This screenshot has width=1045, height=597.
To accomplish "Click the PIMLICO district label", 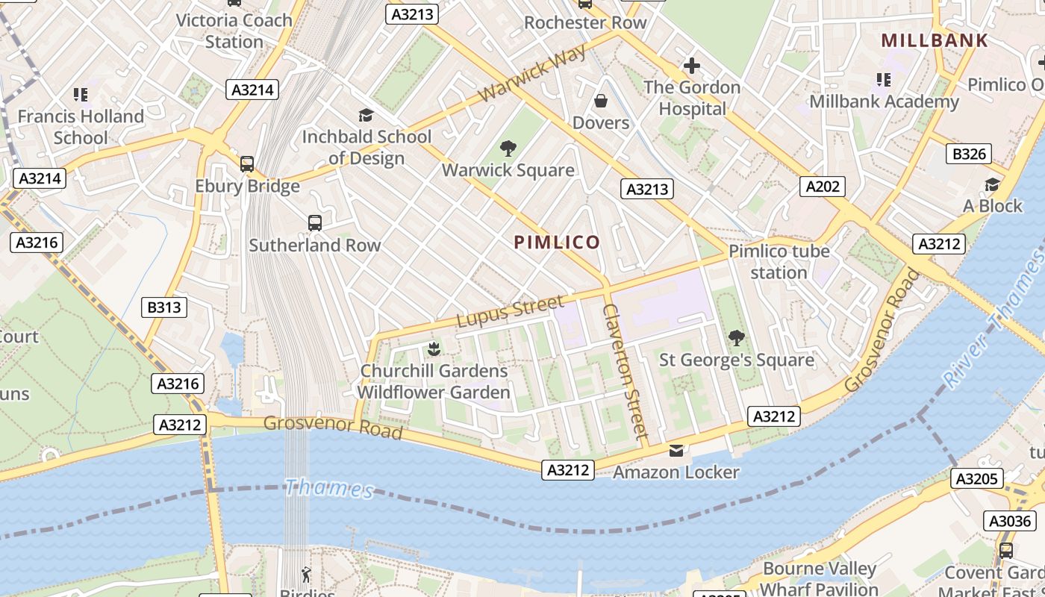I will (x=557, y=242).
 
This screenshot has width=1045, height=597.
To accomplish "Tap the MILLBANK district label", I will (x=935, y=40).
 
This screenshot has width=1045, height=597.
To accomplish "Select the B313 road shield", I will (x=163, y=307).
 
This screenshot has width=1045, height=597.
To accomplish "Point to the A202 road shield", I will (x=823, y=186).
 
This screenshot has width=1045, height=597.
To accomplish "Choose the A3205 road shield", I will (x=977, y=478).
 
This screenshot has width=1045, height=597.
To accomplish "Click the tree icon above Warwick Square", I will (x=508, y=148).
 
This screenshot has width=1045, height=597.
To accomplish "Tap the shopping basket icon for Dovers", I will (x=601, y=101).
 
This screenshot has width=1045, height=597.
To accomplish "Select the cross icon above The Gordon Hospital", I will (x=692, y=66).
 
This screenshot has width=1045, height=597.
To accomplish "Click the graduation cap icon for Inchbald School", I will (x=366, y=115).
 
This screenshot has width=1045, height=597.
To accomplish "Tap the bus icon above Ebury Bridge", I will (x=247, y=164).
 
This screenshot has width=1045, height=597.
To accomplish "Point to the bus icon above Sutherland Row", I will (x=315, y=222).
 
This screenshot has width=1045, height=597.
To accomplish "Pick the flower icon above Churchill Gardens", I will (x=434, y=348).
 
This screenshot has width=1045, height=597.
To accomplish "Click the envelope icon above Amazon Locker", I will (x=676, y=450).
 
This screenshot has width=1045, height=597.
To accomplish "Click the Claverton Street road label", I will (x=626, y=371).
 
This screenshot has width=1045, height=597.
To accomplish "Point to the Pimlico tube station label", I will (x=779, y=261).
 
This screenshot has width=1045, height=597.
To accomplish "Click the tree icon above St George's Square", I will (x=736, y=337).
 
